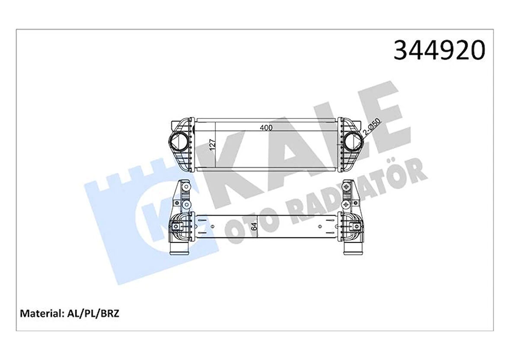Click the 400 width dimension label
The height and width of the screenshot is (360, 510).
coord(267,128)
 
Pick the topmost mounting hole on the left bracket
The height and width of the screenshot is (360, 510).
coord(186,187)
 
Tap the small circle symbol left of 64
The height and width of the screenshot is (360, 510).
coord(212,226)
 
